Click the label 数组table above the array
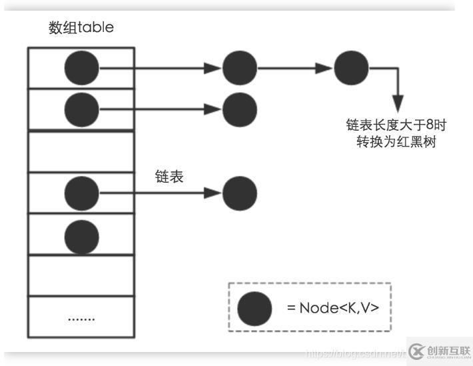pyautogui.click(x=81, y=28)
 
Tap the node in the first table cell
pyautogui.click(x=82, y=67)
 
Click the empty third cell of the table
pyautogui.click(x=81, y=152)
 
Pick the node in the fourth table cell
pyautogui.click(x=82, y=193)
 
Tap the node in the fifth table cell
pyautogui.click(x=82, y=235)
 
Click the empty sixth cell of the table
pyautogui.click(x=81, y=275)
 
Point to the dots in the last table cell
pyautogui.click(x=81, y=317)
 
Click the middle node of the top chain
pyautogui.click(x=239, y=67)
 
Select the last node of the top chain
pyautogui.click(x=351, y=67)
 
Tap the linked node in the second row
pyautogui.click(x=239, y=109)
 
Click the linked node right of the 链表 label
pyautogui.click(x=239, y=193)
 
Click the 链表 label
pyautogui.click(x=169, y=177)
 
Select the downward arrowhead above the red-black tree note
pyautogui.click(x=398, y=105)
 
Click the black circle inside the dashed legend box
pyautogui.click(x=254, y=308)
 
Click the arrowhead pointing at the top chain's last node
pyautogui.click(x=326, y=67)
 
